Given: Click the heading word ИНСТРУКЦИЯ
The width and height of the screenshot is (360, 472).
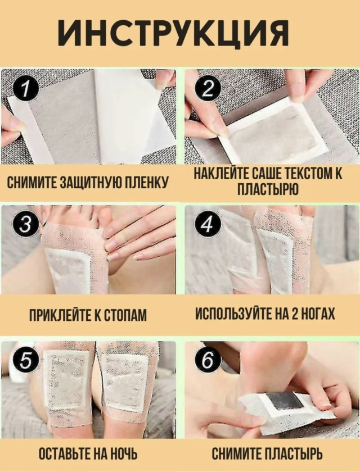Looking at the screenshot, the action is click(x=173, y=33).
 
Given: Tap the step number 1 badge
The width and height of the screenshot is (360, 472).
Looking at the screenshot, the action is click(x=26, y=89).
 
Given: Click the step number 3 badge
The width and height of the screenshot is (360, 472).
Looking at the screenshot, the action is click(x=25, y=226).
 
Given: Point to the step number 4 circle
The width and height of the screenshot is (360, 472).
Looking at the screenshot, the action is click(x=208, y=225).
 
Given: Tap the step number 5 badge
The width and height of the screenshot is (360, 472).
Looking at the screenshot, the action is click(x=26, y=360).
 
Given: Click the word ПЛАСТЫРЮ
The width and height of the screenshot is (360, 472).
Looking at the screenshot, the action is click(x=268, y=189).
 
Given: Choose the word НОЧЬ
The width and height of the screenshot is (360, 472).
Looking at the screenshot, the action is click(x=123, y=453).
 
